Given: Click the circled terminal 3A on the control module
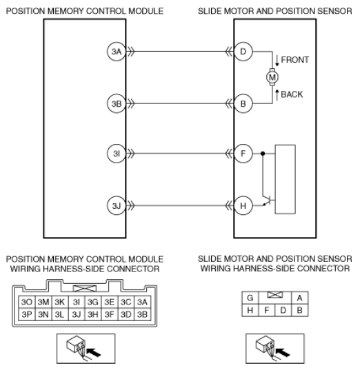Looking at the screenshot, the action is [117, 52].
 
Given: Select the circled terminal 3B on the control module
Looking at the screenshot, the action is [117, 103].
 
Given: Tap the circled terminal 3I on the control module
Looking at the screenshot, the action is [117, 154].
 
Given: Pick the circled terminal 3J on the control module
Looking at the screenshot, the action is [117, 206].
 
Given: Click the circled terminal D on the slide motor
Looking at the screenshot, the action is [243, 52].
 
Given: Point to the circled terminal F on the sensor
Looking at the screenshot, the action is [243, 154].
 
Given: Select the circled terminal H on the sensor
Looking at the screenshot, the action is [243, 206].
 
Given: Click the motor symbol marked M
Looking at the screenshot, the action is [272, 77].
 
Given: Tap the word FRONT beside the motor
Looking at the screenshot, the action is [294, 60].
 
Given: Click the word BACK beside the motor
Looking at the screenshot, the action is [292, 94].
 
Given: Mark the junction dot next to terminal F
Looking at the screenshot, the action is [263, 154].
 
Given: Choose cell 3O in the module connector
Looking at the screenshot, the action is [27, 302].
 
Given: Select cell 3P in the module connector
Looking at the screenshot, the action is [27, 314].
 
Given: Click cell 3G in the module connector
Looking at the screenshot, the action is [93, 302].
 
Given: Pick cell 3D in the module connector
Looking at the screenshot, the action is [126, 314].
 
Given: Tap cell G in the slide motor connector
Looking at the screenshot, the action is [250, 298].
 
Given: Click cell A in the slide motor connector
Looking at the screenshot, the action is [300, 298].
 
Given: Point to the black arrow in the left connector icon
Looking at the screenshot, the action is [94, 353].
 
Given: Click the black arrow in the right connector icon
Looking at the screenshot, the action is [283, 353].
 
